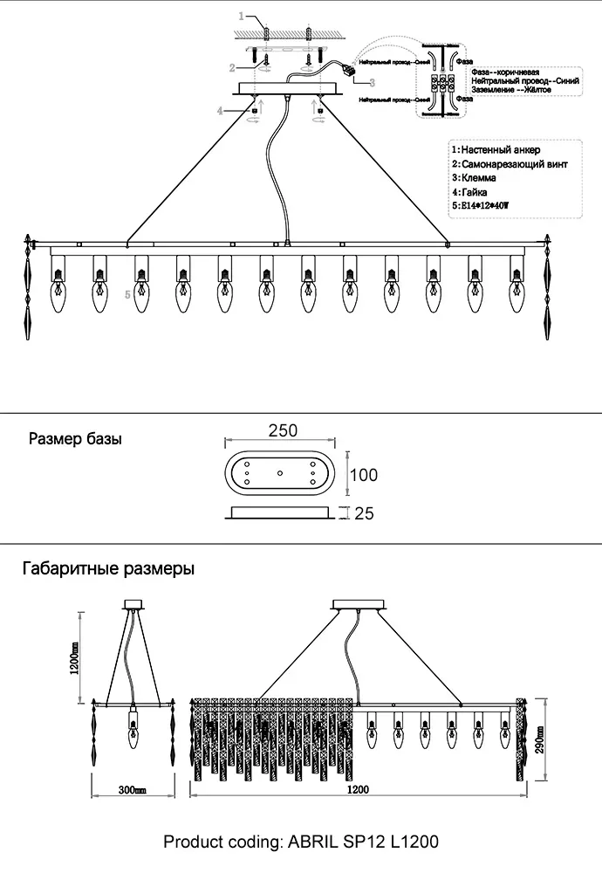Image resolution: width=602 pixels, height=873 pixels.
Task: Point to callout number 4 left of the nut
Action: pyautogui.click(x=222, y=111)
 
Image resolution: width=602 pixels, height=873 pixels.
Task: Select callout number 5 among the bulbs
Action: pyautogui.click(x=129, y=295)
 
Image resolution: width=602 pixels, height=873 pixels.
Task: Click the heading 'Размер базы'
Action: pyautogui.click(x=76, y=439)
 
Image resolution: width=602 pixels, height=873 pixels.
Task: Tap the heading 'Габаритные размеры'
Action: pyautogui.click(x=108, y=568)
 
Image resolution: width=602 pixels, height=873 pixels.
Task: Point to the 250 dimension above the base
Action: pyautogui.click(x=284, y=430)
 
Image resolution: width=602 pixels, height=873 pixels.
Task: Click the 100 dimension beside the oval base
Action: pyautogui.click(x=364, y=475)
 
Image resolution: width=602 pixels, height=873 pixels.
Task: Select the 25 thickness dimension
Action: pyautogui.click(x=364, y=513)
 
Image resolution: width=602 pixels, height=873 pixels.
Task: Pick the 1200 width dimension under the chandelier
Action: pyautogui.click(x=357, y=790)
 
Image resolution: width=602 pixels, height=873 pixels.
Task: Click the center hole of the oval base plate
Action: pyautogui.click(x=279, y=472)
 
